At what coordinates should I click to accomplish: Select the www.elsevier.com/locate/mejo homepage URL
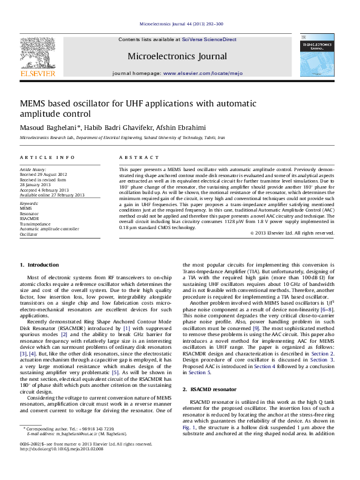coord(203,73)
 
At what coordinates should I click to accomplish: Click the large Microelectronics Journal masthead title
coord(177,56)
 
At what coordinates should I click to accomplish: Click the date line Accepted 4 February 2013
coord(47,190)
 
